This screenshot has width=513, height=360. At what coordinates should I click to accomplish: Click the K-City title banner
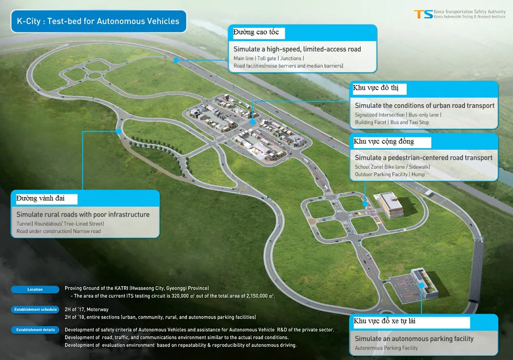point(98,21)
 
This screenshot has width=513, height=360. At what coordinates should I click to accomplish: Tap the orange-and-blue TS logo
point(423,14)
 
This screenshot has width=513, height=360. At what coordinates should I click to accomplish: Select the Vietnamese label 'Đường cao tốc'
point(256,32)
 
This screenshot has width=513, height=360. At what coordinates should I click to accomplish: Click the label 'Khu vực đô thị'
point(376,88)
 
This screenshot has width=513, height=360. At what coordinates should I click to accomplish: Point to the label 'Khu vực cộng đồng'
point(384,141)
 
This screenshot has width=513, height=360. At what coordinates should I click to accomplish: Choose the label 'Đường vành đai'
point(40,198)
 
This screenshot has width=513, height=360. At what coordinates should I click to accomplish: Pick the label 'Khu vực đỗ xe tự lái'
point(384,321)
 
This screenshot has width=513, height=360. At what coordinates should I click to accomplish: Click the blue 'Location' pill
point(35,289)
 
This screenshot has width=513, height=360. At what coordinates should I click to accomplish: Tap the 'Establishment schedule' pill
point(35,309)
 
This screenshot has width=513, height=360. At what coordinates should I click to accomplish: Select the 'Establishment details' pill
point(35,330)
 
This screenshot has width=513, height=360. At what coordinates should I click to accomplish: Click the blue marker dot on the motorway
point(176,60)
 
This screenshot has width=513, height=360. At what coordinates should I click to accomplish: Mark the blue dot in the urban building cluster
point(252,122)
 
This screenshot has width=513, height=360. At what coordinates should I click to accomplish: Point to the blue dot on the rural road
point(119,131)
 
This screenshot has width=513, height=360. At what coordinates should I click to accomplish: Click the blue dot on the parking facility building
point(422,285)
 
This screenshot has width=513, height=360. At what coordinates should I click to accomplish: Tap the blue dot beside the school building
point(365,204)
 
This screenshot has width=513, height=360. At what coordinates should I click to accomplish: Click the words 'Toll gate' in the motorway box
point(267,58)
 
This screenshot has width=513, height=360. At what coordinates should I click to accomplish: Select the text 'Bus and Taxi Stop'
point(409,122)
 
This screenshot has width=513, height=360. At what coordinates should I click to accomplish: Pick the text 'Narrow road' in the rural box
point(87,231)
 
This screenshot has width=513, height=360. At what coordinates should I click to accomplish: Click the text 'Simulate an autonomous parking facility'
point(414,339)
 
